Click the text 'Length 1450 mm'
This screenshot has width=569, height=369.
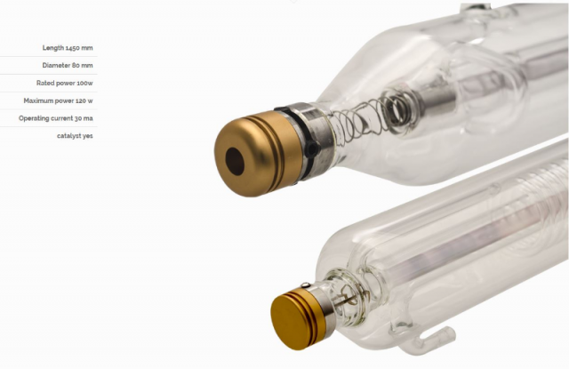[x=68, y=48]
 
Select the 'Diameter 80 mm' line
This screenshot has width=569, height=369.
[x=68, y=65]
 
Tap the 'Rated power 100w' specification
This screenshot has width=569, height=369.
[x=65, y=83]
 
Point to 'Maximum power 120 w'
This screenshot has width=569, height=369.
[x=58, y=100]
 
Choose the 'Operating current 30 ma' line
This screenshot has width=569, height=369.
[x=56, y=118]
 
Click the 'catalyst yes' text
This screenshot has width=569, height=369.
[x=75, y=136]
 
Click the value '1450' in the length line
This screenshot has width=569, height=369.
[x=73, y=48]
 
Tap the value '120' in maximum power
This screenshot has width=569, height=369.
[x=81, y=100]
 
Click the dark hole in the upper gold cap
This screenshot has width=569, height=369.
[x=235, y=162]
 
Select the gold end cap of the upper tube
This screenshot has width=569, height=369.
[x=258, y=154]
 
